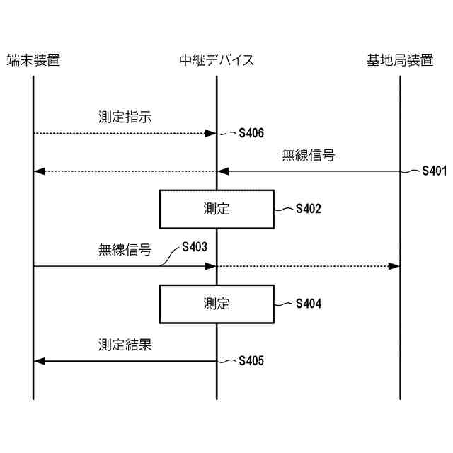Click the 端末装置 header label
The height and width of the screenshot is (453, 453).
point(33,60)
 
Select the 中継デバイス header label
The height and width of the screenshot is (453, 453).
point(217,60)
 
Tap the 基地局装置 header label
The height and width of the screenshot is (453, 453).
point(400,60)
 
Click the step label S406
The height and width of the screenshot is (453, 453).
point(251,132)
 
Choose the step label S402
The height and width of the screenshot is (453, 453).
point(308,209)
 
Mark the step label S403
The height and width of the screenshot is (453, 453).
point(195,247)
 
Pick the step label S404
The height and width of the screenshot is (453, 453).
point(308,304)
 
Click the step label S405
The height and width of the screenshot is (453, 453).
point(251,361)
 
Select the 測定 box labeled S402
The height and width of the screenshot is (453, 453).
point(217,209)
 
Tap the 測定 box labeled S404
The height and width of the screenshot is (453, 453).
point(217,304)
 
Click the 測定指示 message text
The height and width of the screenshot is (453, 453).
point(125,117)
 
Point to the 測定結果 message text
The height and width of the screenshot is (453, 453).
point(125,345)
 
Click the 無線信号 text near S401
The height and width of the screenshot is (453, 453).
point(308,155)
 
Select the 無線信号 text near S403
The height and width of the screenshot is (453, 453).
point(125,250)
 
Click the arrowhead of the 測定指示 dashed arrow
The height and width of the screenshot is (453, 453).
point(210,133)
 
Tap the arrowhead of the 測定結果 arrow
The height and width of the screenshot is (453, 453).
point(40,361)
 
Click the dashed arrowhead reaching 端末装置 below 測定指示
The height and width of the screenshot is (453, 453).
point(40,171)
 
